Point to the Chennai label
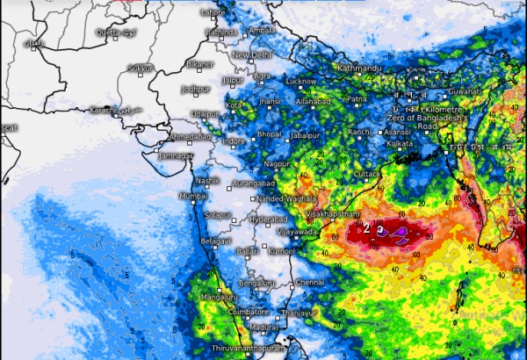[x=309, y=283]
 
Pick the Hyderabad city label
[x=269, y=219]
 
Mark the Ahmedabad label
[x=190, y=137]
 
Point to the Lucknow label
[x=301, y=81]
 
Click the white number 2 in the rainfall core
[x=366, y=227]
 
